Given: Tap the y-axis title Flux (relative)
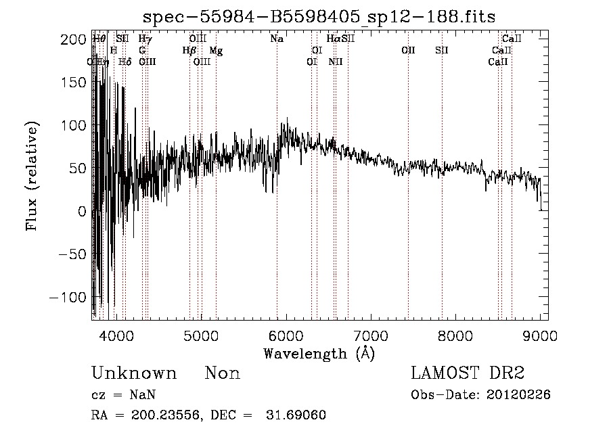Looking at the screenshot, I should coord(32,176).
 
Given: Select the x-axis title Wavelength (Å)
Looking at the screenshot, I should coord(319,353).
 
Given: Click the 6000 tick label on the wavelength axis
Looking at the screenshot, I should coord(286,335).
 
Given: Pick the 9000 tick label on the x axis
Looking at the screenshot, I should coord(540,335).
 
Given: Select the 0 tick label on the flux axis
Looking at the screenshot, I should coord(82,212).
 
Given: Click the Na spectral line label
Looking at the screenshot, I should coord(277,39).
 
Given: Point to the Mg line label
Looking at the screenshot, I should coord(216,51).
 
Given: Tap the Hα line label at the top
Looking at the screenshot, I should coord(334,39).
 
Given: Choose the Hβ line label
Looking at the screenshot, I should coord(189,51).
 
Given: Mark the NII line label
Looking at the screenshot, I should coord(336,62).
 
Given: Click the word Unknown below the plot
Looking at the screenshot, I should coord(134,373).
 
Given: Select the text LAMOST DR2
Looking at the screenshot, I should coord(468,373).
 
